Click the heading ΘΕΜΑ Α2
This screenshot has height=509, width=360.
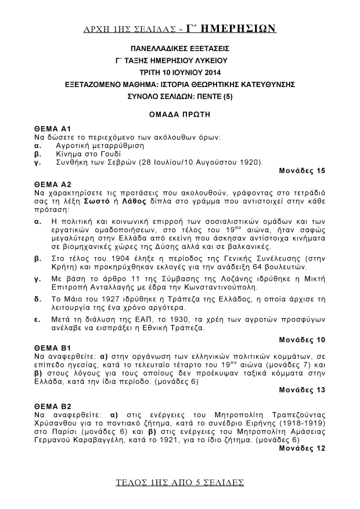52,183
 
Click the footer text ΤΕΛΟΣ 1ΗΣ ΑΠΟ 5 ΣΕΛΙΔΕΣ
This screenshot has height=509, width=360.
179,482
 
